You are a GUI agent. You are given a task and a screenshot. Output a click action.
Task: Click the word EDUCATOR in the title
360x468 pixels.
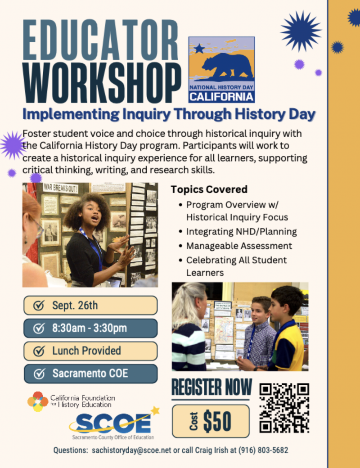pos(101,40)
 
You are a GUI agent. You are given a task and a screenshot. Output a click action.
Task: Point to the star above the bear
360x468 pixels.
pos(199,48)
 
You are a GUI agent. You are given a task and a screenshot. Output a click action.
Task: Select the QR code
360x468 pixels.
pos(284,408)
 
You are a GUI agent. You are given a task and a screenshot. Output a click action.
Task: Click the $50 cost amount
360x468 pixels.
pos(217,421)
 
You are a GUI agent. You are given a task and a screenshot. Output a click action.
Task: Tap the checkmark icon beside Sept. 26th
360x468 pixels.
pos(39,306)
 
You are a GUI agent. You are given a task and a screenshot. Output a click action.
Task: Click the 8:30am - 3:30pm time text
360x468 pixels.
pos(90,328)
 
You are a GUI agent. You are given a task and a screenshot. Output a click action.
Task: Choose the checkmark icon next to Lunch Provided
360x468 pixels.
pos(39,351)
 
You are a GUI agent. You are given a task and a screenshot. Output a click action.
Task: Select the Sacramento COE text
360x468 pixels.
pos(90,373)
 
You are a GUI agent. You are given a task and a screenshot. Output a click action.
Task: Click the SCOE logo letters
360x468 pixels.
pos(114,423)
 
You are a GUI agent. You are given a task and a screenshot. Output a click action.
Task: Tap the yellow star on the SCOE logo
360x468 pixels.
pos(155,411)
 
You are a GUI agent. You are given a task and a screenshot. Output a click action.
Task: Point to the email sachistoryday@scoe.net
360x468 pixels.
pos(131,450)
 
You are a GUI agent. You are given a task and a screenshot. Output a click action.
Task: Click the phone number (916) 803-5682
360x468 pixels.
pos(263,450)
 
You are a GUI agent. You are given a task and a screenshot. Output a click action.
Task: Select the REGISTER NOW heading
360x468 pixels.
pos(211,387)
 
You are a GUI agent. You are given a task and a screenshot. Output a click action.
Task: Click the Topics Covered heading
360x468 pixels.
pos(209,189)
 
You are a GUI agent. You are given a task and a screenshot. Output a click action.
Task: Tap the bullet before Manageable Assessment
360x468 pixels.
pos(180,246)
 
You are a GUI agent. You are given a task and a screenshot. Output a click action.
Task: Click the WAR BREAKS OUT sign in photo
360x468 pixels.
pos(61,188)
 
